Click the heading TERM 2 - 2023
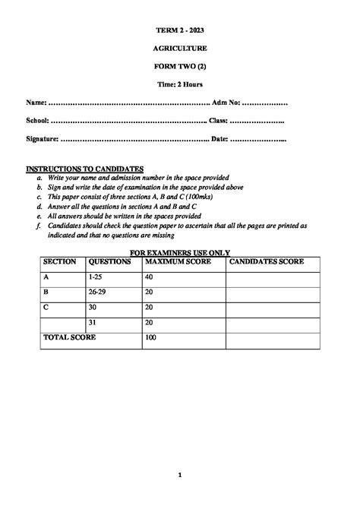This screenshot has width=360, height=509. pyautogui.click(x=180, y=30)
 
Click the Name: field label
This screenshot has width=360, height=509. pyautogui.click(x=36, y=102)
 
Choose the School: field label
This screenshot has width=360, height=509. pyautogui.click(x=38, y=121)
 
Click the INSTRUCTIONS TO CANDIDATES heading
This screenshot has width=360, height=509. pyautogui.click(x=84, y=169)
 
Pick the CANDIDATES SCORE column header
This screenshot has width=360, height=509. pyautogui.click(x=267, y=261)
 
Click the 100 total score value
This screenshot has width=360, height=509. pyautogui.click(x=150, y=337)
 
